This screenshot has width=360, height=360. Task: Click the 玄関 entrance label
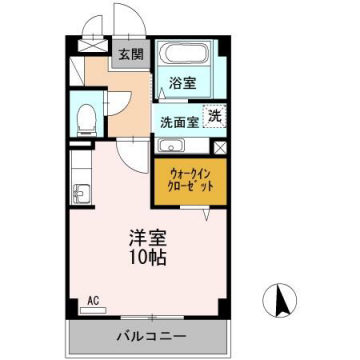[131, 54]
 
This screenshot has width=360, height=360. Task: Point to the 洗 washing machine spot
[213, 116]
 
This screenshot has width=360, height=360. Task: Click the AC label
[92, 300]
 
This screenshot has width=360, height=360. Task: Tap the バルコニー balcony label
[147, 335]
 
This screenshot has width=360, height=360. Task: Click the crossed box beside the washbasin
[220, 146]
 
